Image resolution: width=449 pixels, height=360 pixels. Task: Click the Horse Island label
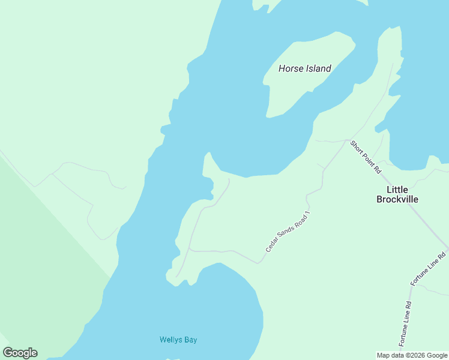pyautogui.click(x=304, y=68)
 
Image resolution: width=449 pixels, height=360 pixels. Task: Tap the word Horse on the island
pyautogui.click(x=291, y=68)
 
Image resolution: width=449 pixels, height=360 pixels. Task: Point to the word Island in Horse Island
pyautogui.click(x=319, y=68)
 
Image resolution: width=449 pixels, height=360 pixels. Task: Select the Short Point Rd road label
pyautogui.click(x=366, y=157)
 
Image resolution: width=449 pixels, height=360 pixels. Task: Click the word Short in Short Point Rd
pyautogui.click(x=357, y=147)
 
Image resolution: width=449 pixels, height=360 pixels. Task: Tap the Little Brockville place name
pyautogui.click(x=397, y=194)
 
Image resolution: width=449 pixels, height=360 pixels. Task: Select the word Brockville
pyautogui.click(x=397, y=199)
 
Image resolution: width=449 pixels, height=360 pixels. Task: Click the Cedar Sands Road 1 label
pyautogui.click(x=289, y=231)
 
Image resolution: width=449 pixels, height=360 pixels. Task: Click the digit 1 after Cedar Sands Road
pyautogui.click(x=309, y=213)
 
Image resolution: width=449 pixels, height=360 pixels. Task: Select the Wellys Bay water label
pyautogui.click(x=178, y=340)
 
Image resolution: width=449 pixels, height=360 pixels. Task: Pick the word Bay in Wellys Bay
pyautogui.click(x=190, y=340)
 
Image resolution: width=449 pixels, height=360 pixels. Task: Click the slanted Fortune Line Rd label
pyautogui.click(x=428, y=268)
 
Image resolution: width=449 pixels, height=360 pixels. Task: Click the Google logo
pyautogui.click(x=20, y=353)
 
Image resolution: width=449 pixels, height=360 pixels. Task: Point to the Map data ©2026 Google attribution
pyautogui.click(x=412, y=355)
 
